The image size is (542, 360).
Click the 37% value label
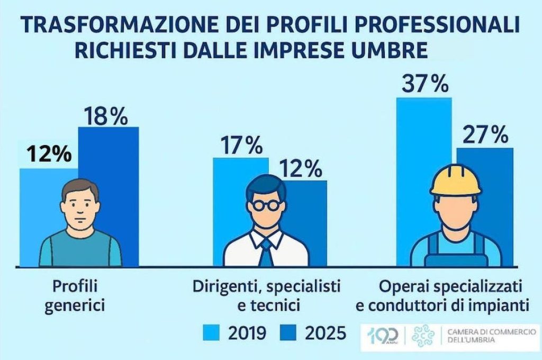pos(424,85)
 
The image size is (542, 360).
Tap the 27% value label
pos(485,136)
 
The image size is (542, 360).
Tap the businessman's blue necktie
pos(266,253)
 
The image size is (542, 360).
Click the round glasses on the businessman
pos(266,204)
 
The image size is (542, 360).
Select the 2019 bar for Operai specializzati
pos(423,138)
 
